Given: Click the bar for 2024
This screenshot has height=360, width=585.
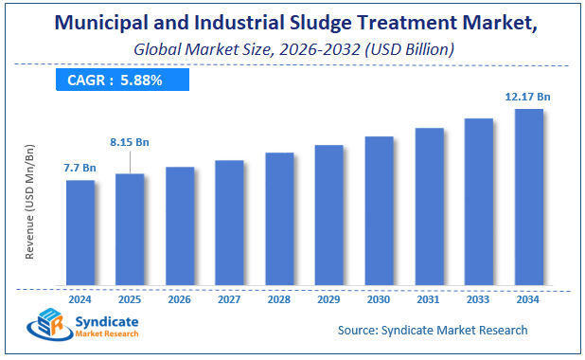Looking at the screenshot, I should click(x=80, y=232).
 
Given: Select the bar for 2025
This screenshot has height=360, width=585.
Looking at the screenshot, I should click(x=130, y=228).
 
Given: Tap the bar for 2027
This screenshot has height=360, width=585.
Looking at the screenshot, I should click(x=229, y=222).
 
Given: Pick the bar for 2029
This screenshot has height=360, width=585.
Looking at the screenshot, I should click(x=328, y=214).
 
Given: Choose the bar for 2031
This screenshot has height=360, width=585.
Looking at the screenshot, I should click(x=429, y=206).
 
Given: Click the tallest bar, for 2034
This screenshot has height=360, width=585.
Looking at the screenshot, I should click(x=528, y=196).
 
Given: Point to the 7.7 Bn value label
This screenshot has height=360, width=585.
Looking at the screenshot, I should click(x=80, y=168).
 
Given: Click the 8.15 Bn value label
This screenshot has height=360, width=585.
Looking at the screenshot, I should click(x=130, y=142).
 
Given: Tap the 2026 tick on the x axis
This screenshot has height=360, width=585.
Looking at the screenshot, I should click(x=180, y=298).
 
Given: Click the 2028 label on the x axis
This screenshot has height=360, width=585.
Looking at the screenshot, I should click(x=279, y=298).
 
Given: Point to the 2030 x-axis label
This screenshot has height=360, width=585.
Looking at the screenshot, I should click(x=379, y=298).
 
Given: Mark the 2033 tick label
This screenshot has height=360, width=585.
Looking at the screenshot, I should click(x=478, y=298).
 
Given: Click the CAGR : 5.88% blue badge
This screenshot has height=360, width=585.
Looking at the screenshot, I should click(x=115, y=81).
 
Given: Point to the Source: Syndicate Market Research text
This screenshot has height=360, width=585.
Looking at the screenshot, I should click(x=433, y=330).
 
